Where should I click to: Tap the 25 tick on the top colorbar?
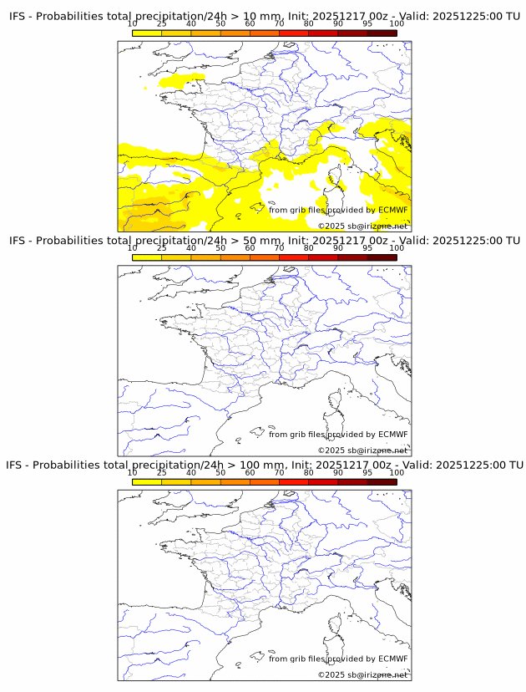point(162,23)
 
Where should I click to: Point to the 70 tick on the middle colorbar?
point(280,248)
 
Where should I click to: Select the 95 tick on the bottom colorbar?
point(367,472)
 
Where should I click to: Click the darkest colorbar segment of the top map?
point(382,33)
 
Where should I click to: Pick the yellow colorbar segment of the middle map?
point(147,257)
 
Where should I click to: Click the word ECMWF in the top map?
point(392,210)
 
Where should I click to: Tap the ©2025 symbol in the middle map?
point(331,450)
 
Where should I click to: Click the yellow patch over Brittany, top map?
point(177,81)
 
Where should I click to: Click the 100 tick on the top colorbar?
point(397,23)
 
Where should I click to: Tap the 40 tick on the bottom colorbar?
point(191,472)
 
